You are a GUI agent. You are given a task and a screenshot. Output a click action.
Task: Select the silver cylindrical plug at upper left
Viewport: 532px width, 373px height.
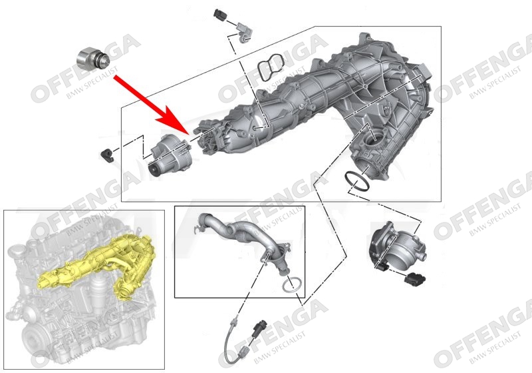(x=93, y=60)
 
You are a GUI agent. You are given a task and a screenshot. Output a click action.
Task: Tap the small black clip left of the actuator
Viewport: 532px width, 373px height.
(x=107, y=155)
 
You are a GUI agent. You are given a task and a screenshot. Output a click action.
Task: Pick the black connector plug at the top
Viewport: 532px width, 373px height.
(x=220, y=15)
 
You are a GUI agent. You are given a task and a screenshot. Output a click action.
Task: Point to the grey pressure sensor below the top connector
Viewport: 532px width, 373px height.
(x=243, y=33)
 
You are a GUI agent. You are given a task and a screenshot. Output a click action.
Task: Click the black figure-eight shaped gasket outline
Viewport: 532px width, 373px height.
(x=270, y=67)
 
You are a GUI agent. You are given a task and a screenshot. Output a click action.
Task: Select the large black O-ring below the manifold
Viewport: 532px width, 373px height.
(x=356, y=181)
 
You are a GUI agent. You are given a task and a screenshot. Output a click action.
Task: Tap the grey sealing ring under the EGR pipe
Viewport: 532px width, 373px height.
(x=292, y=284)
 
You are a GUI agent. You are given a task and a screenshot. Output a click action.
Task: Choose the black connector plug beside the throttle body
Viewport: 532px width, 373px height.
(x=414, y=279)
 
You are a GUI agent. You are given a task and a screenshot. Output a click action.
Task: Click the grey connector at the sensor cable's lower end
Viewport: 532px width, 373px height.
(x=243, y=352)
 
